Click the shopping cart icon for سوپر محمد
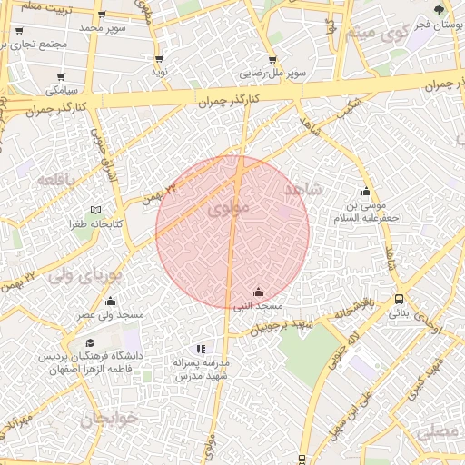[101, 15]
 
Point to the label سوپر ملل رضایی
[272, 71]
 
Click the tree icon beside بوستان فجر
[440, 11]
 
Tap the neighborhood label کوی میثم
[382, 36]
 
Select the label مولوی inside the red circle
[227, 208]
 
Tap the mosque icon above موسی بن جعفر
[366, 192]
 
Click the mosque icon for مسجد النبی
[258, 292]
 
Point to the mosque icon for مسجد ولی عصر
[111, 301]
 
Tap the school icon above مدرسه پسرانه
[201, 348]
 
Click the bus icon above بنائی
[399, 300]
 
